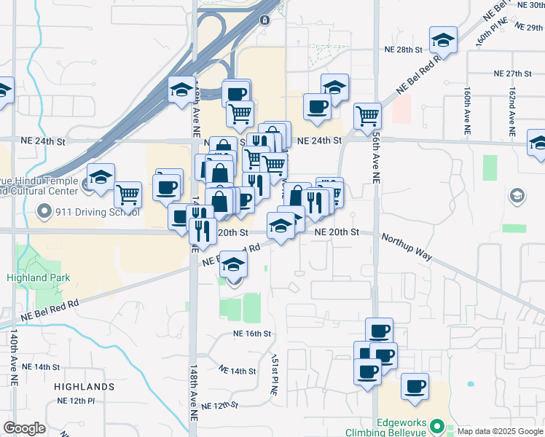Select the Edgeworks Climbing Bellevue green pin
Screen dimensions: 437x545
[x=436, y=425]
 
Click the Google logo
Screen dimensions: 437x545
[x=24, y=428]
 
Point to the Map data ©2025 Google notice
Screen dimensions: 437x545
[x=499, y=431]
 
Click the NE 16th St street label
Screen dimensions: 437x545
[x=252, y=334]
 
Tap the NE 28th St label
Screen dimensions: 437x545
[x=404, y=50]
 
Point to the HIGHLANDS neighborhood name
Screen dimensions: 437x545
[x=84, y=387]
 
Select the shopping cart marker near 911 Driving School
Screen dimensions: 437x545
[x=128, y=194]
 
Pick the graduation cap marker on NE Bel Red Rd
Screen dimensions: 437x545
[x=234, y=264]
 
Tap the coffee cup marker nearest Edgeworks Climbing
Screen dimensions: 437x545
[x=415, y=386]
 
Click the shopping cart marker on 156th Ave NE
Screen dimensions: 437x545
[x=368, y=115]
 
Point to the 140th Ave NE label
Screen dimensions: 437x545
[x=14, y=357]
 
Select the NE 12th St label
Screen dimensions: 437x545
[x=220, y=405]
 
